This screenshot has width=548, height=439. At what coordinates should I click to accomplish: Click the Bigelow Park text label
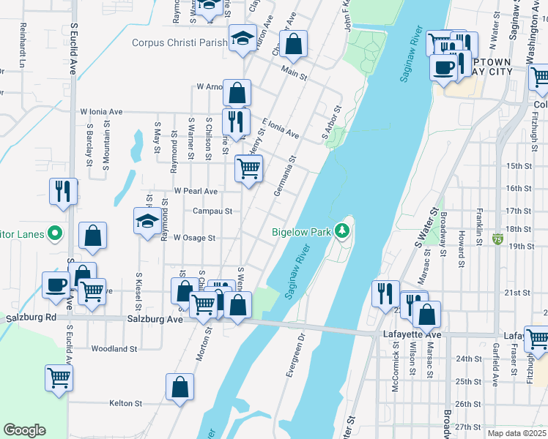click(301, 232)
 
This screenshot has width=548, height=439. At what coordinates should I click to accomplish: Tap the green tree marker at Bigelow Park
click(341, 232)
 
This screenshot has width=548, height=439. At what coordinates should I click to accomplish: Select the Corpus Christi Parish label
click(179, 42)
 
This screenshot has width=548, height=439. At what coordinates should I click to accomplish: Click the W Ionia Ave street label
click(101, 112)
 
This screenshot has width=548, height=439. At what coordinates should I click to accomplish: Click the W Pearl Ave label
click(196, 191)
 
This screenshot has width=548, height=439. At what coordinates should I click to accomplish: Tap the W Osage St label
click(194, 238)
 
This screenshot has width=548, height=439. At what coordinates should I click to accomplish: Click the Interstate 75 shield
click(498, 239)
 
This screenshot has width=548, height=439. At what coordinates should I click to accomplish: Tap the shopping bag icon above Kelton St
click(179, 387)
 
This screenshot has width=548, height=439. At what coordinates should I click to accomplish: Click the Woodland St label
click(113, 349)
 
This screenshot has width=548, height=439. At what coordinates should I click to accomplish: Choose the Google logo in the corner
click(24, 430)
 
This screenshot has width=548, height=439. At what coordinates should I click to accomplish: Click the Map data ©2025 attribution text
click(516, 433)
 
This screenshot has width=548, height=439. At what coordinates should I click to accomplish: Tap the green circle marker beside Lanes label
click(55, 233)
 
